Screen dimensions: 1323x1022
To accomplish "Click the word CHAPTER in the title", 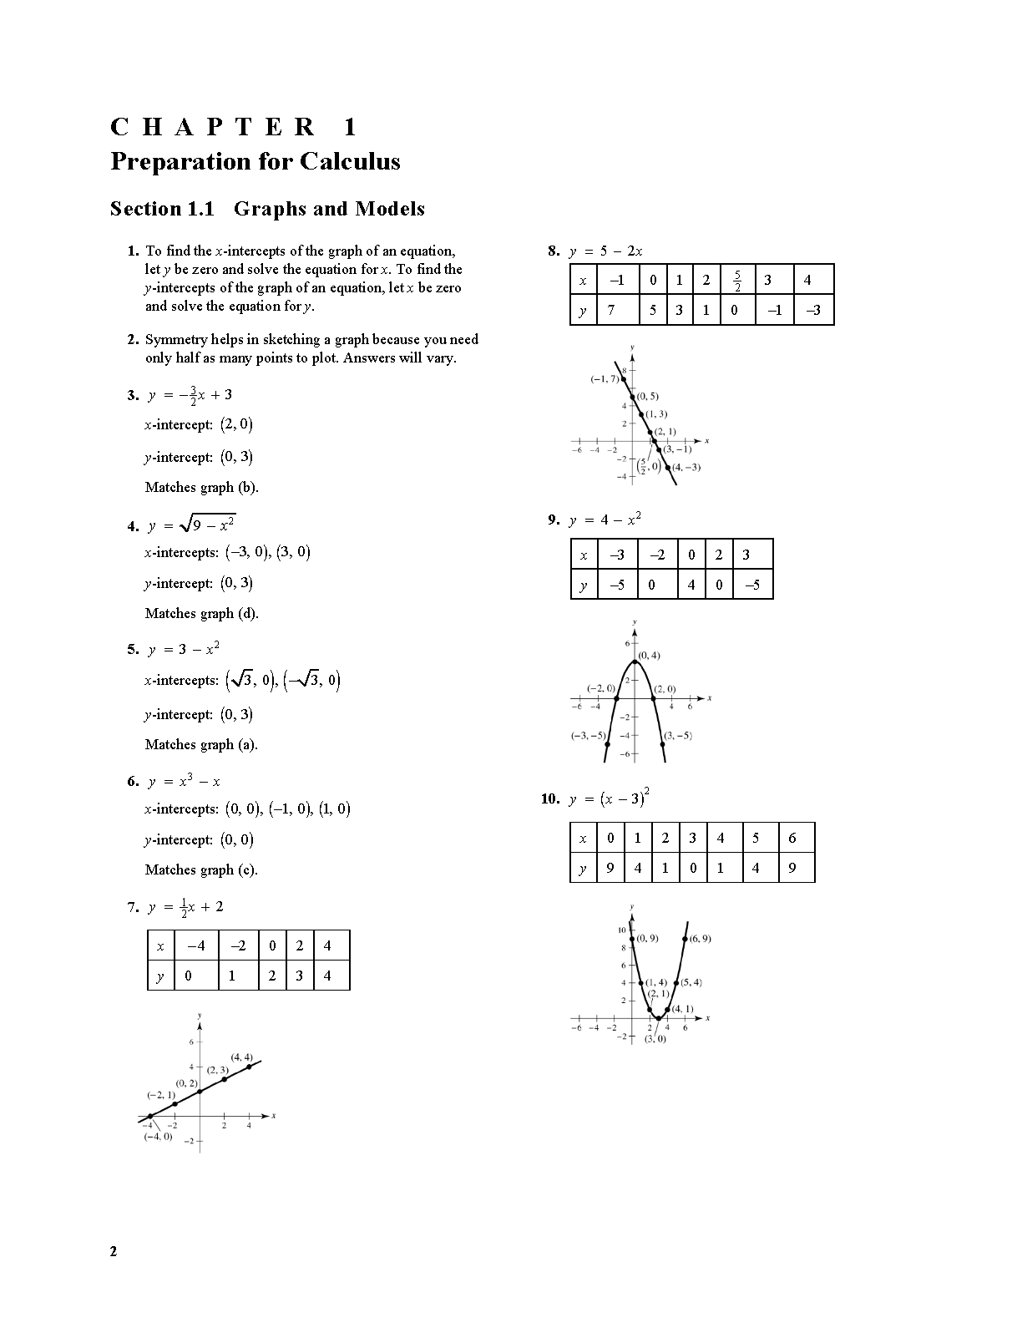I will tap(213, 127).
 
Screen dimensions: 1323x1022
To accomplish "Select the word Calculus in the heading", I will tap(350, 161).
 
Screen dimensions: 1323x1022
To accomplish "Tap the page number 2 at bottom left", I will tap(114, 1251).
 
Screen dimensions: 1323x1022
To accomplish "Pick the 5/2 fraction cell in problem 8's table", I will tap(737, 281).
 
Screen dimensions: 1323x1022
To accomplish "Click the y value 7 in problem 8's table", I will tap(611, 311).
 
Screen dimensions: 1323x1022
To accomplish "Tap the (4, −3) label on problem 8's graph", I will tap(686, 467).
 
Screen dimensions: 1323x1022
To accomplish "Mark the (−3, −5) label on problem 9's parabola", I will tap(589, 736).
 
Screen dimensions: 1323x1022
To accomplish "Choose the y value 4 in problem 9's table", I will tap(691, 585).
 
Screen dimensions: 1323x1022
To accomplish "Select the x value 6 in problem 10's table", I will tap(792, 838).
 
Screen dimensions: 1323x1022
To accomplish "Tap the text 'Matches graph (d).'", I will tap(202, 613).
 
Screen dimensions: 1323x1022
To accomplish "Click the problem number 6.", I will tap(133, 782).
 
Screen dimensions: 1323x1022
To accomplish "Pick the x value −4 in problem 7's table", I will tap(196, 945).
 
